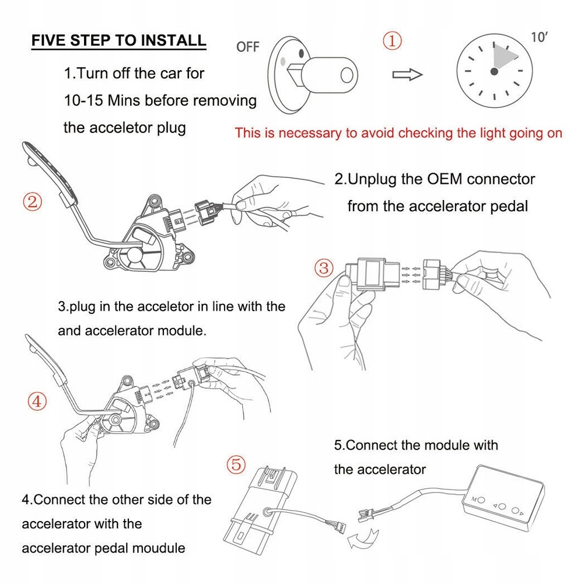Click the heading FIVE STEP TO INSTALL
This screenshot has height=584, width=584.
tap(118, 40)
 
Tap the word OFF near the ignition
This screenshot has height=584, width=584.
tap(247, 47)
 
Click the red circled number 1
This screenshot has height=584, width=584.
tap(392, 41)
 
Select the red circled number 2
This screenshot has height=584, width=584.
tap(33, 202)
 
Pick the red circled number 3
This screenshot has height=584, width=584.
tap(324, 268)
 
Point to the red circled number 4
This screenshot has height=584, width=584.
tap(37, 401)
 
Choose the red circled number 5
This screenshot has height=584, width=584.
tap(235, 464)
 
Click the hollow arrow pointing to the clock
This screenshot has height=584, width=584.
tap(407, 74)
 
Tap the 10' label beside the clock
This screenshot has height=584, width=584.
tap(540, 37)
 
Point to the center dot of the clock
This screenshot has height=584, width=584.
tap(494, 71)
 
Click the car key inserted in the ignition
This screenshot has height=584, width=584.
tap(327, 75)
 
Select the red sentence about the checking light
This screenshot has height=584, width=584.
tap(398, 133)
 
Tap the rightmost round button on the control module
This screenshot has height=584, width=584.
tap(515, 511)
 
